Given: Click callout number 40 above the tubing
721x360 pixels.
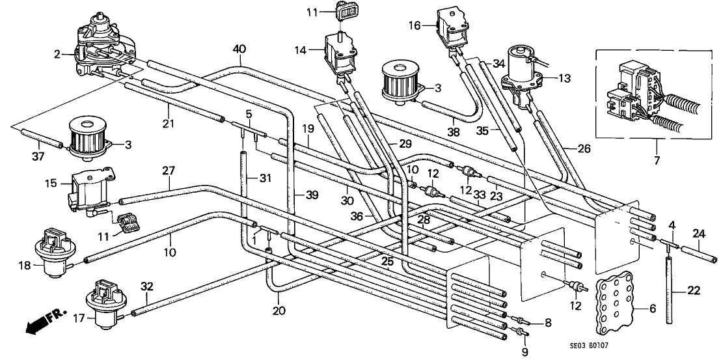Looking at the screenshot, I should pyautogui.click(x=239, y=49).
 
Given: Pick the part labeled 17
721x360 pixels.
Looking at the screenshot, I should pyautogui.click(x=105, y=305).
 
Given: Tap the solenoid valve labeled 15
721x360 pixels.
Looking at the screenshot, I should pyautogui.click(x=88, y=188).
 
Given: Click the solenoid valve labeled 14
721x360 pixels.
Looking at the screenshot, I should pyautogui.click(x=340, y=56).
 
